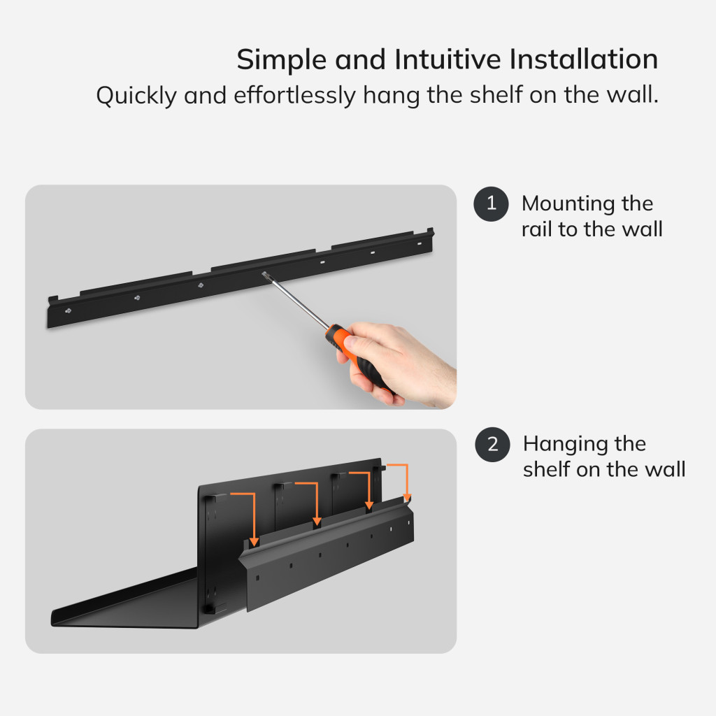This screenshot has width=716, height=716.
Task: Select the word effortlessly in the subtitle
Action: click(294, 95)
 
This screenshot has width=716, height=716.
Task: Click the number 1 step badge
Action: click(492, 204)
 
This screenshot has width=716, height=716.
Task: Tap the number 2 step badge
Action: click(493, 444)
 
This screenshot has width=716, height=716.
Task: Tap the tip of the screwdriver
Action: click(264, 273)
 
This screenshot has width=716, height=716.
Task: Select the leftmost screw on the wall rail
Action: click(68, 311)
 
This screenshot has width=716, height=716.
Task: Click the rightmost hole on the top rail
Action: click(420, 243)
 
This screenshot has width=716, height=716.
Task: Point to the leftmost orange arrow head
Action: click(254, 542)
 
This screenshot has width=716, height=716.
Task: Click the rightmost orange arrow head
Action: click(407, 498)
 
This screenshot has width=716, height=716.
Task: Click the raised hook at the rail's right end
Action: click(430, 231)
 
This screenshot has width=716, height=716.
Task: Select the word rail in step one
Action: click(536, 229)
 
